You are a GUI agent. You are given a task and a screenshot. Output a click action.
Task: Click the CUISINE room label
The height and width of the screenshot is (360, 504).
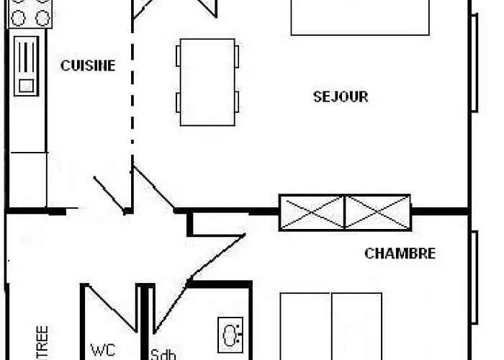click(x=88, y=66)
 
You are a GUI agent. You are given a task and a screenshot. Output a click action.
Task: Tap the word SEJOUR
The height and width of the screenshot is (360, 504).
click(x=341, y=96)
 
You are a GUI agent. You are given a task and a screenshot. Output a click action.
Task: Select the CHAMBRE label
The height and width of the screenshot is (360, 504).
click(x=400, y=253)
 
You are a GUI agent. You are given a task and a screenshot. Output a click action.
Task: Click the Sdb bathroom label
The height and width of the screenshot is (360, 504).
click(x=163, y=354)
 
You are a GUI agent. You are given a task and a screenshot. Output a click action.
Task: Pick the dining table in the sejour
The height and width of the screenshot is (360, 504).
click(x=207, y=82)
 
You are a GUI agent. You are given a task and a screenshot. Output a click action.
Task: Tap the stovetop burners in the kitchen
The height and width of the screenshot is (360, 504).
click(x=29, y=13)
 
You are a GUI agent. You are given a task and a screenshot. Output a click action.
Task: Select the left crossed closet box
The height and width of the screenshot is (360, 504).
click(x=312, y=212)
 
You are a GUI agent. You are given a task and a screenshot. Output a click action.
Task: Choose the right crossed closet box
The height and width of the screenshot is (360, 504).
click(x=377, y=212)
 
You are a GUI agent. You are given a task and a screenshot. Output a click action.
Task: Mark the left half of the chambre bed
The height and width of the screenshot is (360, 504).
click(x=305, y=328)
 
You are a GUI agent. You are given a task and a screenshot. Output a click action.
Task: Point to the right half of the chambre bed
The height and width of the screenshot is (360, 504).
click(x=356, y=328)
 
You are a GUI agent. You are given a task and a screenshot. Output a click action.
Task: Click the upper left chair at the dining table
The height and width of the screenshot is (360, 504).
click(x=178, y=56)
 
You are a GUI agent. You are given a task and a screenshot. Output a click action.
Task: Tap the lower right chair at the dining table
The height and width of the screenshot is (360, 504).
click(x=237, y=102)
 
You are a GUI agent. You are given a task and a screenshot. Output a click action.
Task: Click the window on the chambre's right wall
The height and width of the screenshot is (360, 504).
click(x=474, y=277)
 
